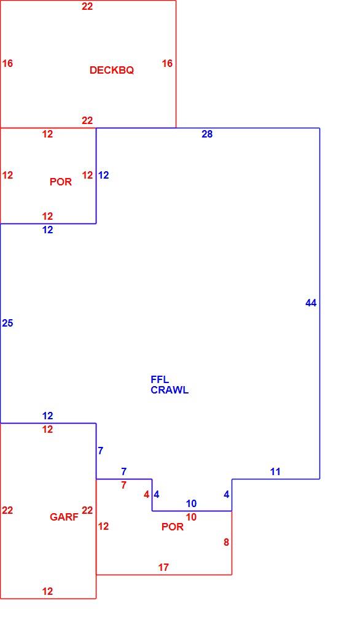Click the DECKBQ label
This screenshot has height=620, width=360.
pos(112,71)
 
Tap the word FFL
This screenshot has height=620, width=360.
pos(160,379)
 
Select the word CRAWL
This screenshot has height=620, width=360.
pos(170,390)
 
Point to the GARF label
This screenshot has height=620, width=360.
pos(64,517)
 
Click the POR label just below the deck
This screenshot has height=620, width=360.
pos(61,182)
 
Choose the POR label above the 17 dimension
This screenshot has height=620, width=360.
pos(173,527)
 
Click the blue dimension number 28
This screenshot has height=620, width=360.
pos(207,134)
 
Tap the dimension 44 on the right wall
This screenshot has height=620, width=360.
pos(311,303)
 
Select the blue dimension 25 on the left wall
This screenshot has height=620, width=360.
pos(7,324)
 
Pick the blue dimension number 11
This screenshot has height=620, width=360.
pos(275,471)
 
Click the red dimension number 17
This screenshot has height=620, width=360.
pos(163,568)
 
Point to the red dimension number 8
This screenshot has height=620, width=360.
pos(226,543)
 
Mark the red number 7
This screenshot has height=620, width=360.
pos(124,485)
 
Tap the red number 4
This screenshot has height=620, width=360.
pos(147,495)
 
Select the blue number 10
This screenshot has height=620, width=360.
pos(191,504)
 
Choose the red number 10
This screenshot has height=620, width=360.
pos(191,517)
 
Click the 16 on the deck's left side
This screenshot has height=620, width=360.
pos(7,63)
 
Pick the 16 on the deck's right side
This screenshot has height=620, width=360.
pos(167,63)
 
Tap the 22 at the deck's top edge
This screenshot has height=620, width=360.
pos(87,6)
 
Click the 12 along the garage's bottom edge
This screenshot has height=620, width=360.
pos(47,592)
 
